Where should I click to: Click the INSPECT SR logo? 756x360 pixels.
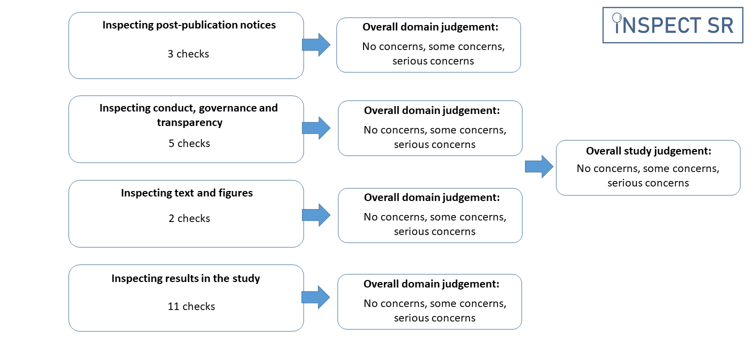pyautogui.click(x=672, y=25)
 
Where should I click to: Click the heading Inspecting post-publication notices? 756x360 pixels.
pyautogui.click(x=189, y=25)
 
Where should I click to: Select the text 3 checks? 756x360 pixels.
pyautogui.click(x=188, y=54)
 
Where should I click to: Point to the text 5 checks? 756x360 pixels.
pyautogui.click(x=189, y=143)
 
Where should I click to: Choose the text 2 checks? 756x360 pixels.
pyautogui.click(x=189, y=218)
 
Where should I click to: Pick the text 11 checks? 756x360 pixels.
pyautogui.click(x=191, y=306)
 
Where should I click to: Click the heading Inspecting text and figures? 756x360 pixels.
pyautogui.click(x=187, y=193)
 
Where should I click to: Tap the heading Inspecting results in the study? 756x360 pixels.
pyautogui.click(x=185, y=278)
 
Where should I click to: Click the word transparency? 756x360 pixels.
pyautogui.click(x=189, y=122)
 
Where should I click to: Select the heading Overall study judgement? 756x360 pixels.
pyautogui.click(x=648, y=151)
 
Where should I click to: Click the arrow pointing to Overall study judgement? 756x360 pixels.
pyautogui.click(x=539, y=166)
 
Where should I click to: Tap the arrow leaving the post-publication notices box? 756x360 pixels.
pyautogui.click(x=316, y=45)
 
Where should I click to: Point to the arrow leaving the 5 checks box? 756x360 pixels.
pyautogui.click(x=316, y=128)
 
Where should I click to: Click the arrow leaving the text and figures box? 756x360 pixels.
pyautogui.click(x=316, y=215)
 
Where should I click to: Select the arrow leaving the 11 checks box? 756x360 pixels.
pyautogui.click(x=315, y=297)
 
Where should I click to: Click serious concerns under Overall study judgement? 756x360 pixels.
pyautogui.click(x=648, y=183)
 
